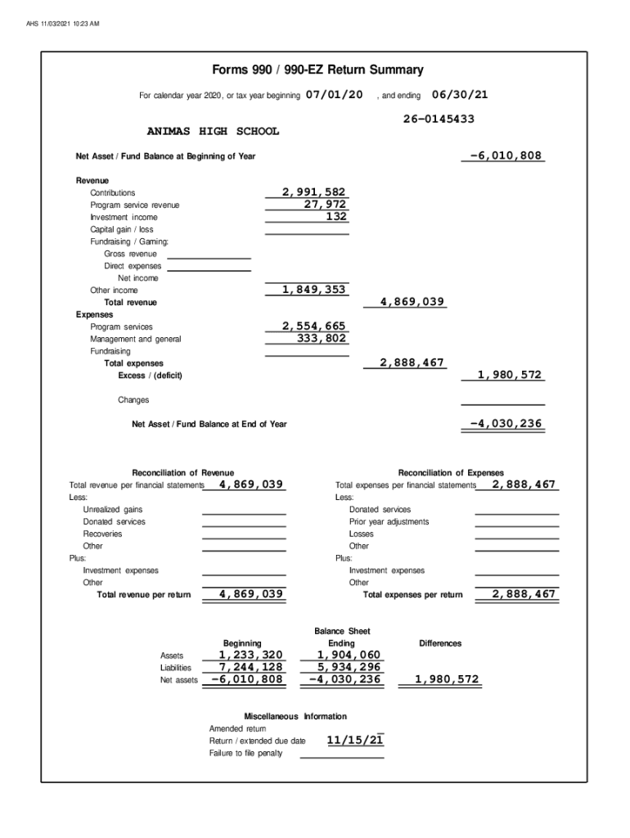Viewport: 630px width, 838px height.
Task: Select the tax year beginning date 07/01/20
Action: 335,95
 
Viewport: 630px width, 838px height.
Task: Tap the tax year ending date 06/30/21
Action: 460,95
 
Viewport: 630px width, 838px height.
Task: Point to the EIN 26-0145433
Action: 439,119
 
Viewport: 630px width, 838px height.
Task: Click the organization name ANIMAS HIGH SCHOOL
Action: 213,131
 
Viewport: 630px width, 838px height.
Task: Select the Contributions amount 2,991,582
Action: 313,192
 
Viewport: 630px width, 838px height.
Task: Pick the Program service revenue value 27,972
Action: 325,205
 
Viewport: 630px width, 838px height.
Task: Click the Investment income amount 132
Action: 336,217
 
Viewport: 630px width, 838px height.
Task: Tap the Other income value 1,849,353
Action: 313,290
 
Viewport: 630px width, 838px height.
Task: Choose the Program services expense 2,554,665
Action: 313,327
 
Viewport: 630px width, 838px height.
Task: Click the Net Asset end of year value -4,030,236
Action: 506,424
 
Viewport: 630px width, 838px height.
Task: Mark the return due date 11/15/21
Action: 355,741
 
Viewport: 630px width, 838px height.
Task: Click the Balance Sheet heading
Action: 342,631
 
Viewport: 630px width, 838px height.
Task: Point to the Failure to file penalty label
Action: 245,753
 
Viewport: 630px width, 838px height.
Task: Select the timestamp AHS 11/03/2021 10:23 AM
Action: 63,23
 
